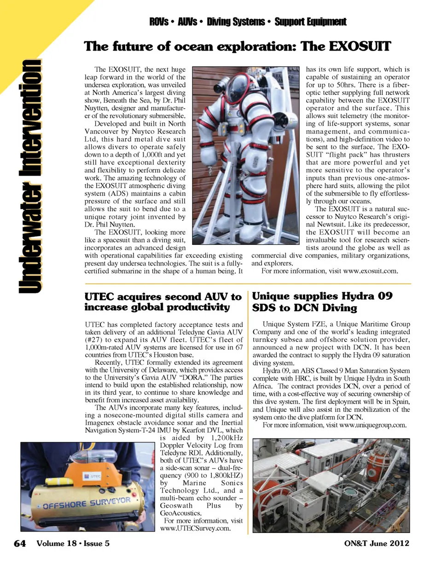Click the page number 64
click(20, 544)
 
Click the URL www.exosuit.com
click(370, 271)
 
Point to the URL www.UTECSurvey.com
click(195, 528)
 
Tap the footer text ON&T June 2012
click(376, 543)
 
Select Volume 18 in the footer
click(57, 544)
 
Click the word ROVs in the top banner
click(159, 22)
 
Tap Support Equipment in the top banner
click(310, 22)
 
